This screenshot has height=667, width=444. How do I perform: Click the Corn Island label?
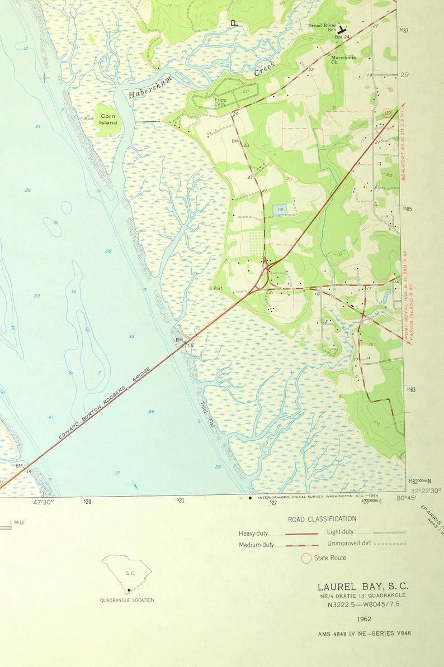click(108, 119)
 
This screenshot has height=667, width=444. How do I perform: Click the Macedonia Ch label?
click(343, 59)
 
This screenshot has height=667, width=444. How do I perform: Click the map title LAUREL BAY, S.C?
click(363, 587)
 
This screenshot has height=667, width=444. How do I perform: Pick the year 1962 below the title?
click(363, 618)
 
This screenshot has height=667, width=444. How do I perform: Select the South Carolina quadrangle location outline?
click(127, 574)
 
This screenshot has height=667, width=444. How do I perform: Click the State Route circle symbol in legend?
click(306, 558)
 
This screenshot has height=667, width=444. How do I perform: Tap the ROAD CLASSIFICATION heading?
click(322, 519)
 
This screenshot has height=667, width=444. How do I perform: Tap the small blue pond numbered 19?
click(280, 209)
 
